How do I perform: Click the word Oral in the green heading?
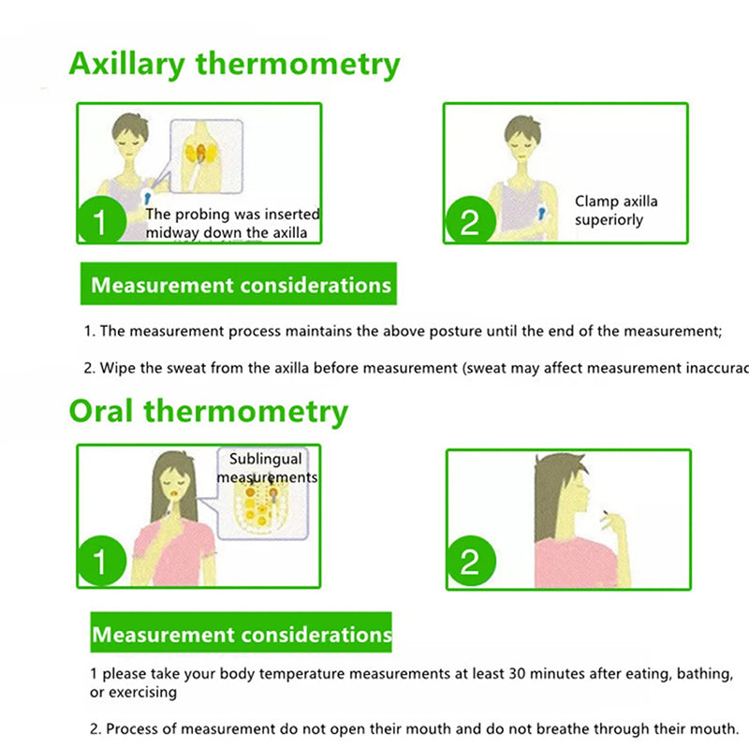click(100, 411)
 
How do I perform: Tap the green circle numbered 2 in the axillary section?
click(470, 221)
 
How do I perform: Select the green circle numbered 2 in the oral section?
click(470, 563)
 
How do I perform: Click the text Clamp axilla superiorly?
click(615, 211)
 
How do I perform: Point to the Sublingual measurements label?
click(266, 468)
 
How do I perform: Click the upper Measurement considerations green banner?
click(240, 285)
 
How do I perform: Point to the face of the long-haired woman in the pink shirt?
click(173, 487)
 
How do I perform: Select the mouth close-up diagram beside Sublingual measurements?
click(262, 510)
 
